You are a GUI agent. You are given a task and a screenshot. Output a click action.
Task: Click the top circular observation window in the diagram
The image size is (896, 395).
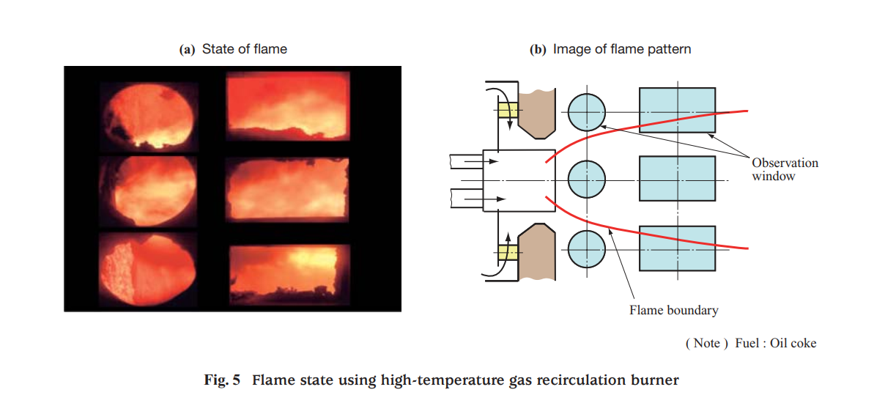pos(587,112)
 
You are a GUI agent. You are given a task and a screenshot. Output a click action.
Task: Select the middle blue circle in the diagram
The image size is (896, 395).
pos(587,180)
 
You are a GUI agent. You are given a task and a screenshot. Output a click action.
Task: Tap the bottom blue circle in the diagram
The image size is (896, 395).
pos(587,248)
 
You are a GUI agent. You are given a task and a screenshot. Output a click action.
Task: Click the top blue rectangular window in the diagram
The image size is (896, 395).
pos(677,110)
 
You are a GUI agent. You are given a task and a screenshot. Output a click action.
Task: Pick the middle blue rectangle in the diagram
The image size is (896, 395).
pos(677,178)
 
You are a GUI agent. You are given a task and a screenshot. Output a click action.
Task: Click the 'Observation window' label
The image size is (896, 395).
pos(784,169)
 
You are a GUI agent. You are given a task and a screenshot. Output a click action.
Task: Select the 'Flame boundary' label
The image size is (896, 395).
pos(673,310)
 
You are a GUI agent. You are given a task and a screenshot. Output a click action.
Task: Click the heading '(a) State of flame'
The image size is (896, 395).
pos(233,49)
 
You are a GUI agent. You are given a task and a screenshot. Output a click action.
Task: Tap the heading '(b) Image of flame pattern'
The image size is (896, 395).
pos(610,49)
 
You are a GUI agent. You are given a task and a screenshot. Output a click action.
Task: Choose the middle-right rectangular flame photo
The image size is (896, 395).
pos(286,188)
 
